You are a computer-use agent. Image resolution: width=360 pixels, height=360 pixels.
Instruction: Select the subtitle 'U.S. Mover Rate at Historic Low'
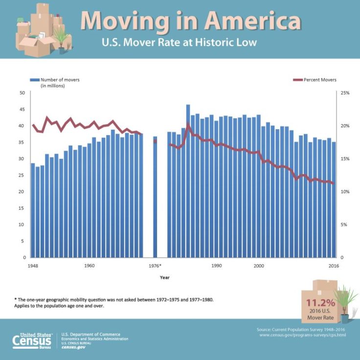point(179,43)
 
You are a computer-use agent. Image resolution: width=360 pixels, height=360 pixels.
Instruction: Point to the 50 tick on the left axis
point(22,92)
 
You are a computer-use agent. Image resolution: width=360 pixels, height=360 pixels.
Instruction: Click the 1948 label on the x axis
point(33,266)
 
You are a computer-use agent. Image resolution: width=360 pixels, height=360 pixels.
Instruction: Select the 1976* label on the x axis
point(155,266)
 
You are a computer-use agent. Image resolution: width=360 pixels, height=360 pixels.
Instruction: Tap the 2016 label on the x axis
point(334,266)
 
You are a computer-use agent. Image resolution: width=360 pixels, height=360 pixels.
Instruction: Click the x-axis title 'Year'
point(165,277)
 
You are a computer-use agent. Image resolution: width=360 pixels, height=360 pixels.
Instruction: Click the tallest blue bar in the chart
point(188,181)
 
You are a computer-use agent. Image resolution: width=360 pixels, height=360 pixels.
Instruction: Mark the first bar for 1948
point(33,210)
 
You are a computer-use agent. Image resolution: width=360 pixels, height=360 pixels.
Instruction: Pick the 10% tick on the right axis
point(344,192)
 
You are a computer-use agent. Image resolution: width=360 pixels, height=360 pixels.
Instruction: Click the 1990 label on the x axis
point(216,266)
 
